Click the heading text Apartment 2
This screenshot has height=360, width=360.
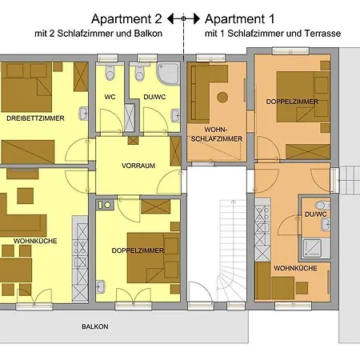click(x=126, y=19)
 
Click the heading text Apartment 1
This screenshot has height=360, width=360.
click(x=239, y=19)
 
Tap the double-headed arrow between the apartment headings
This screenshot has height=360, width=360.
click(x=183, y=18)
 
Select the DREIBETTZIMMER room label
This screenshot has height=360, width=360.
click(x=35, y=118)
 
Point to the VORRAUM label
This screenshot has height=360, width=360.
click(x=138, y=166)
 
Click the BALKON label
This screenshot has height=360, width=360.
click(x=95, y=326)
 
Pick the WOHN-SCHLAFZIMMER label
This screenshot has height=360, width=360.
click(x=217, y=134)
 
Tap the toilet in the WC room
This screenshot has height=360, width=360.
click(x=110, y=72)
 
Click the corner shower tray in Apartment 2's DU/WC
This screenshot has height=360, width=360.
click(x=168, y=74)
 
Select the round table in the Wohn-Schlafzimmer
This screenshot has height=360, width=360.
click(x=222, y=98)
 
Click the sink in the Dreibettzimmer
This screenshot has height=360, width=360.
click(x=83, y=114)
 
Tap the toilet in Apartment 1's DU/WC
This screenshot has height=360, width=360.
click(x=322, y=206)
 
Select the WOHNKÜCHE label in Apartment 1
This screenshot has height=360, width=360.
click(x=295, y=268)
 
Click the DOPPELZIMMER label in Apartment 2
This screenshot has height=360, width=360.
click(x=138, y=250)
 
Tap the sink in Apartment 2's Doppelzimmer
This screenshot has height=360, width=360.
click(x=101, y=287)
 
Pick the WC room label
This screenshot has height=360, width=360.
click(x=110, y=97)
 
